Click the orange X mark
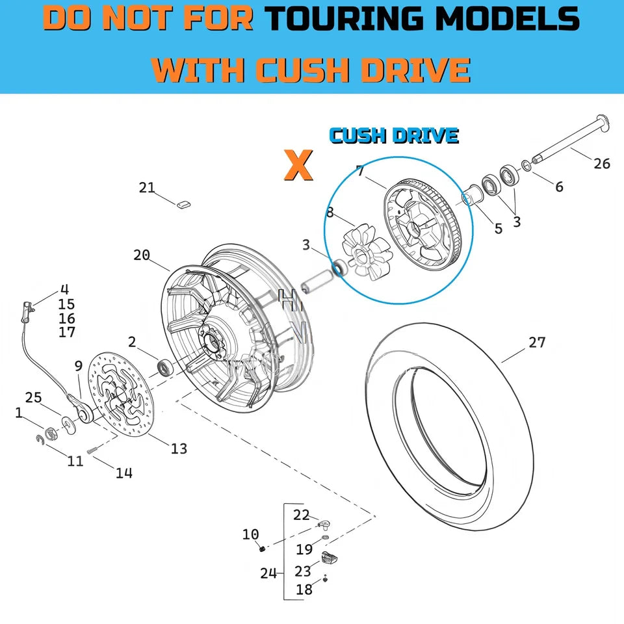298,164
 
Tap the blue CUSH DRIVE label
394,136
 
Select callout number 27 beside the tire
537,343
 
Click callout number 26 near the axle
602,163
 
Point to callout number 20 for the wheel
142,255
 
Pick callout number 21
146,187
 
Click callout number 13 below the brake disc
179,448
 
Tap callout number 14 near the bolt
124,473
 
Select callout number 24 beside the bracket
268,573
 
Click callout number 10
251,534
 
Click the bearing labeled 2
164,367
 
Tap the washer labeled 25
69,425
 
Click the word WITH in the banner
198,70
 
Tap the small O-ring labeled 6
526,166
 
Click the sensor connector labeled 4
27,311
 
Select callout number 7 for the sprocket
360,171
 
